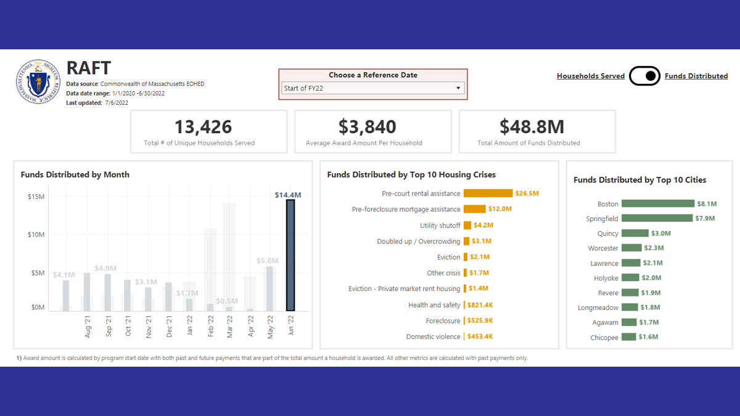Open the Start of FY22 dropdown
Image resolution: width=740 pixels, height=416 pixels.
tap(372, 88)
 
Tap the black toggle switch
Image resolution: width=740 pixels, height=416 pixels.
tap(644, 76)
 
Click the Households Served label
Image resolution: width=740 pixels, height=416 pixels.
tap(590, 76)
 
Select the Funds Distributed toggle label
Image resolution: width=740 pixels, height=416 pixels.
tap(696, 76)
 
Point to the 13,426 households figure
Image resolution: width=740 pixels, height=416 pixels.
tap(203, 127)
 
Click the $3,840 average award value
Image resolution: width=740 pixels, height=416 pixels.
tap(367, 127)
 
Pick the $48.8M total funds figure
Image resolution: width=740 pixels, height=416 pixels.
tap(532, 127)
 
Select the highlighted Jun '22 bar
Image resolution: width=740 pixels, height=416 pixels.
tap(290, 255)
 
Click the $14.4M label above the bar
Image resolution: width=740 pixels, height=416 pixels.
tap(288, 195)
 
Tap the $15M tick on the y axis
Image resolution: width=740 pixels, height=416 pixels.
tap(36, 197)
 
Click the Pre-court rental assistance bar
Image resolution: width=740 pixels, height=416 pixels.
tap(488, 194)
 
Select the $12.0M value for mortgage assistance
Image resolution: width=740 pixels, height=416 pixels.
tap(500, 210)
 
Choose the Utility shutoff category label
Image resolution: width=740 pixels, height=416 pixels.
tap(440, 226)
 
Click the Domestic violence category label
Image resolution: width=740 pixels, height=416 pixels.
tap(433, 336)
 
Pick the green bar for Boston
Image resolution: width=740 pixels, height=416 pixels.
tap(657, 203)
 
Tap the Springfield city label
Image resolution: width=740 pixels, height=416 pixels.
tap(602, 219)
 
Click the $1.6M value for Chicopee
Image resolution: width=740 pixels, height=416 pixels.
tap(648, 337)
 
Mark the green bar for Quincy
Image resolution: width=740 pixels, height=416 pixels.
tap(635, 234)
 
